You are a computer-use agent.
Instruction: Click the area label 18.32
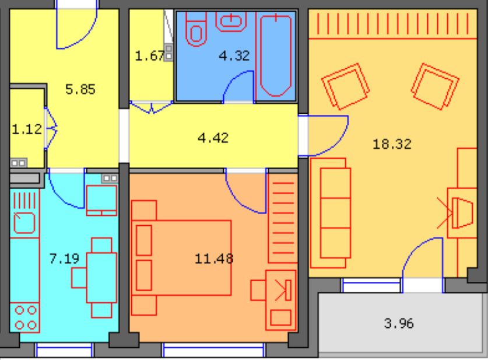tap(392, 144)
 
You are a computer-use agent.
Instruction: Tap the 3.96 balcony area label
tap(399, 323)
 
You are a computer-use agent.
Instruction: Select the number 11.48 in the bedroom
tap(214, 258)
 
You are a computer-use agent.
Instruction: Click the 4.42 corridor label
tap(213, 138)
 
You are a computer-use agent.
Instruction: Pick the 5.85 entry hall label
tap(80, 89)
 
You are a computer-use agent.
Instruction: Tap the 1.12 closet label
tap(27, 129)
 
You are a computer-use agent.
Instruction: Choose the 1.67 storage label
tap(149, 56)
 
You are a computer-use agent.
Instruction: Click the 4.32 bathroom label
tap(234, 56)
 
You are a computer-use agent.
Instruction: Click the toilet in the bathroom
tap(196, 30)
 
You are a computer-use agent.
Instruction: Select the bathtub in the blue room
tap(276, 55)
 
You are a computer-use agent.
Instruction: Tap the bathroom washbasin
tap(231, 22)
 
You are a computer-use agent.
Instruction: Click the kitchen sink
tap(24, 222)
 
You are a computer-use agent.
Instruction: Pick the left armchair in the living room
tap(346, 86)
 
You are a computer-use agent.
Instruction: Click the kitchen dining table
tap(101, 277)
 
